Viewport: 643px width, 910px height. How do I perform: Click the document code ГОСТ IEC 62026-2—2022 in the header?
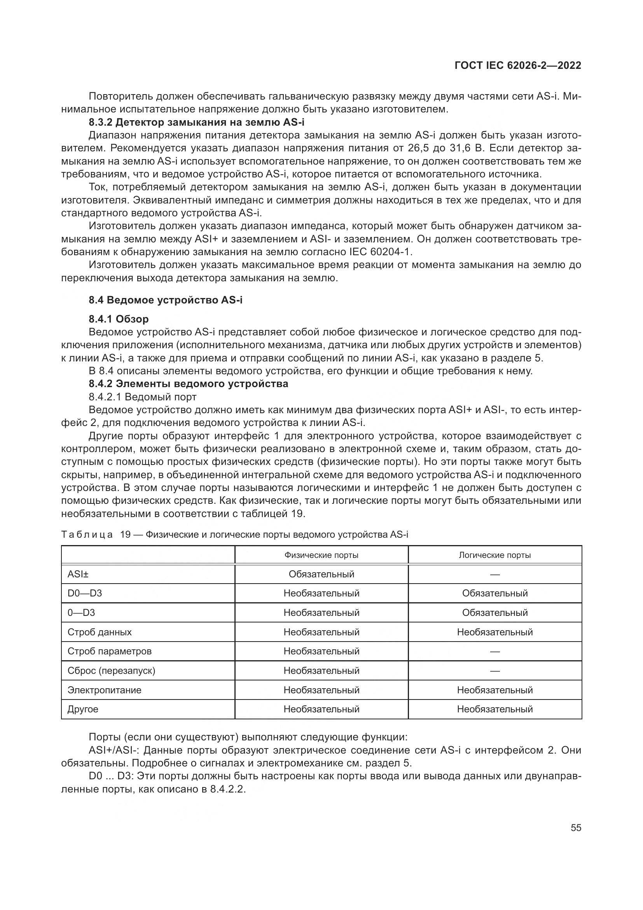(518, 66)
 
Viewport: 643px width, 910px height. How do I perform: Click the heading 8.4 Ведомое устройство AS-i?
(166, 300)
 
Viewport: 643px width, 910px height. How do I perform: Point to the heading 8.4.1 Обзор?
(119, 319)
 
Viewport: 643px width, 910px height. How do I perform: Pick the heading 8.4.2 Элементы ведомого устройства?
(189, 384)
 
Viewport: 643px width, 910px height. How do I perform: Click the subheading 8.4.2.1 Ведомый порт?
(143, 397)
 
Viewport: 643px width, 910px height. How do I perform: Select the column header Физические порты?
(321, 555)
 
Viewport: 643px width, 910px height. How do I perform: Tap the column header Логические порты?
(494, 555)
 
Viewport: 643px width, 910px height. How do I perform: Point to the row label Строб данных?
(100, 632)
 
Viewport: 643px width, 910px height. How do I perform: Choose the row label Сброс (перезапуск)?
(111, 671)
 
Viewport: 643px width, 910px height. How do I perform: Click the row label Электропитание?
(104, 690)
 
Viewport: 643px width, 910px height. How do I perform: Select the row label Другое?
(83, 709)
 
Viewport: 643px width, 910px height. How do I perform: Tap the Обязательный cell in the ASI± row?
(321, 574)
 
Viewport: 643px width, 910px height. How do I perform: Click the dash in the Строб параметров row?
(494, 652)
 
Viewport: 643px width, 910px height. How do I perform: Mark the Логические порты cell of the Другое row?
(494, 709)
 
